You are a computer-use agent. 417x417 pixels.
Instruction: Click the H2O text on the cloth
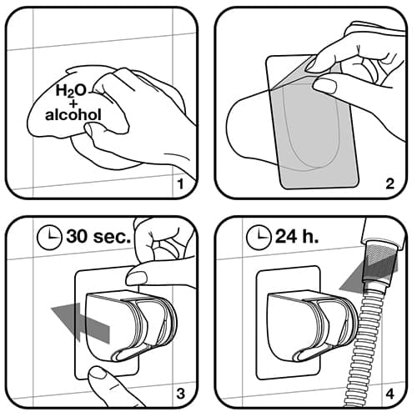pyautogui.click(x=71, y=91)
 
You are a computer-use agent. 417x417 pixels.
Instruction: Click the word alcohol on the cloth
pyautogui.click(x=73, y=114)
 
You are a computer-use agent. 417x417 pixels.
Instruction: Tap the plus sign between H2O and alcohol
pyautogui.click(x=73, y=103)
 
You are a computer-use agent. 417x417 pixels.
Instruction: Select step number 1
pyautogui.click(x=181, y=183)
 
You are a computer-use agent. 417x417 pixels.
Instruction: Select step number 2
pyautogui.click(x=390, y=183)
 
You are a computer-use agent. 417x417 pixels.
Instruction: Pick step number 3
pyautogui.click(x=181, y=394)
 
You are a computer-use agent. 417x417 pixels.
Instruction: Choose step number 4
pyautogui.click(x=390, y=394)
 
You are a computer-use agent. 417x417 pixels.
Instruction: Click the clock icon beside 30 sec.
pyautogui.click(x=49, y=237)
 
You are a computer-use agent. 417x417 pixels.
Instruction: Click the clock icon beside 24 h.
pyautogui.click(x=259, y=237)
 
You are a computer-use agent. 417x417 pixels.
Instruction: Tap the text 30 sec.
pyautogui.click(x=98, y=237)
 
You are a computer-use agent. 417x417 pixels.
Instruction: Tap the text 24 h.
pyautogui.click(x=297, y=237)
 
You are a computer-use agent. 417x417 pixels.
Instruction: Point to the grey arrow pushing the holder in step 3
pyautogui.click(x=81, y=323)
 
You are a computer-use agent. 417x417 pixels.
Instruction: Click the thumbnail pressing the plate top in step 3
pyautogui.click(x=137, y=278)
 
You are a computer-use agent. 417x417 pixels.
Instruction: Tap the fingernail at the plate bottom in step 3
pyautogui.click(x=98, y=374)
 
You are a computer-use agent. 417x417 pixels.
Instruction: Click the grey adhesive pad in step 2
pyautogui.click(x=314, y=131)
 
